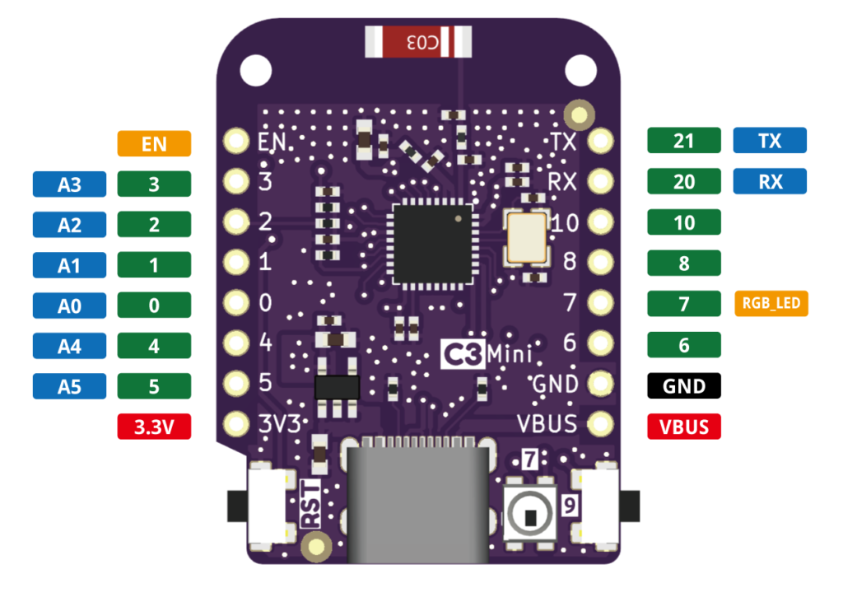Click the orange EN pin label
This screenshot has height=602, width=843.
pos(154,144)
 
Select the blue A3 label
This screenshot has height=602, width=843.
pos(69,184)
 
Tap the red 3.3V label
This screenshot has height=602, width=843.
pos(154,427)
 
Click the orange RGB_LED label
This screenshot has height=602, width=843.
pos(771,304)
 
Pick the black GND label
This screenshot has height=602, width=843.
pos(684,385)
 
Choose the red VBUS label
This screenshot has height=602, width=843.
pos(684,427)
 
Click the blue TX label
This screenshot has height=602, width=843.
pos(770,141)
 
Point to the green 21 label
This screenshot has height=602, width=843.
pos(684,141)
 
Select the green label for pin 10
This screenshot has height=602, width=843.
pos(684,222)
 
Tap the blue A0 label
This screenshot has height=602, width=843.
pos(69,306)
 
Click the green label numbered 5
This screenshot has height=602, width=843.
pos(154,385)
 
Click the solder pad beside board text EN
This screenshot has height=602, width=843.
pos(237,142)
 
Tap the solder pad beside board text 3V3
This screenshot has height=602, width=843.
pos(237,425)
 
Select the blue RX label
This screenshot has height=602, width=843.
pos(770,181)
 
